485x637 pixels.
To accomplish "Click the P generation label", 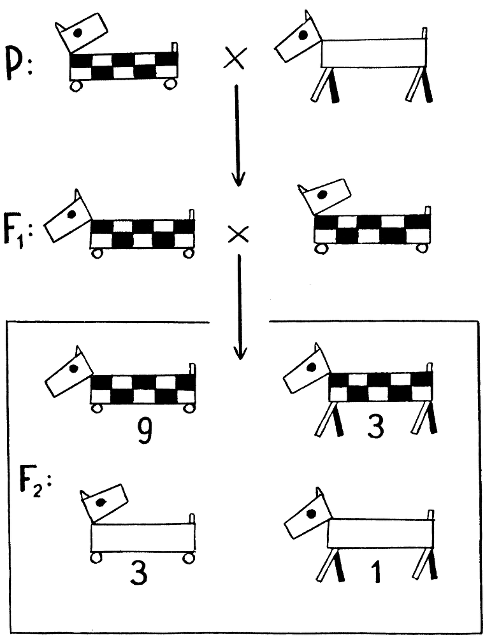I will click(x=18, y=62).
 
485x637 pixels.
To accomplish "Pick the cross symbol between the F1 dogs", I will click(x=238, y=235).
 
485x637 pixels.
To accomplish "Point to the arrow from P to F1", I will click(x=238, y=134).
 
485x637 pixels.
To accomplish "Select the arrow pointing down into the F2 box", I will click(x=240, y=306).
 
